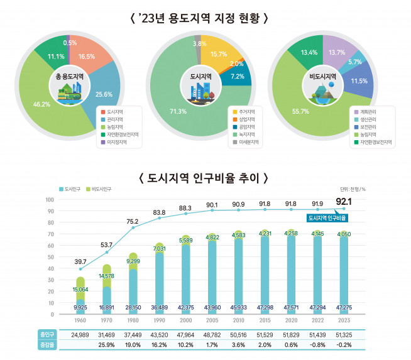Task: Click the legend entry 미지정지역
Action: coord(117,142)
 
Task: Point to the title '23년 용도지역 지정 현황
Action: coord(205,18)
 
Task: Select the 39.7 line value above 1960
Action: coord(80,261)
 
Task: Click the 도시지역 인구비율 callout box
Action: coord(328,217)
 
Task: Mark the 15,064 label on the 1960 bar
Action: coord(80,290)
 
